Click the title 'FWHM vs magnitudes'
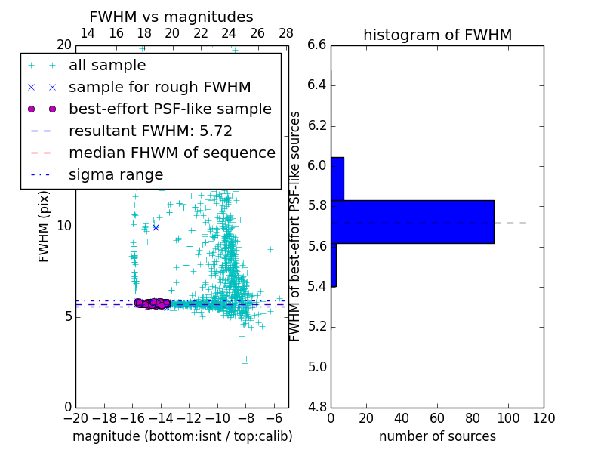171,17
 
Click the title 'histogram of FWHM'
437,35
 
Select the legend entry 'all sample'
107,66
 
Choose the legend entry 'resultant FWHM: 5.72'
150,131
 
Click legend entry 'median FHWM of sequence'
171,153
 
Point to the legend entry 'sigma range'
116,175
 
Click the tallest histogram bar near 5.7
412,221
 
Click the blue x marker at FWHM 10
156,227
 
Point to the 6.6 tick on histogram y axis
317,45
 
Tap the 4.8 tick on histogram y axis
317,408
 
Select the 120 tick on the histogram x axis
544,418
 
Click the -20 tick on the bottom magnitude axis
75,418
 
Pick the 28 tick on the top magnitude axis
286,34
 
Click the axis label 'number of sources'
437,436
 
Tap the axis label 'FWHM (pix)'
45,226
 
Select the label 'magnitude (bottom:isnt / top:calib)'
182,436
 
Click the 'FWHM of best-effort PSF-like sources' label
295,226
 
